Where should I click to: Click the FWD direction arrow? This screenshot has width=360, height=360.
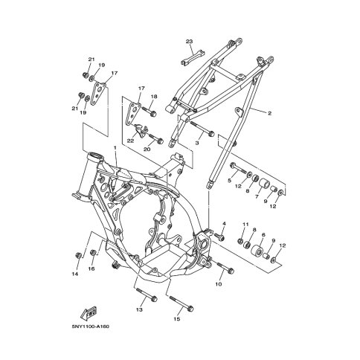coord(89,313)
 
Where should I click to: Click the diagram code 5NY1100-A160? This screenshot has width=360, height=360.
coord(91,327)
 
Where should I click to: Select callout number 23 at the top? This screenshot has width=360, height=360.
coord(189,42)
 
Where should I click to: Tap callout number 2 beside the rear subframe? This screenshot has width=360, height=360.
coord(269,114)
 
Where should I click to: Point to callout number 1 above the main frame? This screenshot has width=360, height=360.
coord(115,147)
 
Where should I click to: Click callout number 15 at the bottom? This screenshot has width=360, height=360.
coord(176,319)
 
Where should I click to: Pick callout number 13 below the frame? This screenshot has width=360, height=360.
coord(140,309)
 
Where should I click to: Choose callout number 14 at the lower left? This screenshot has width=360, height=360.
coord(75,274)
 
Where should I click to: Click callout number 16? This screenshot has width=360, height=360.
coord(91,269)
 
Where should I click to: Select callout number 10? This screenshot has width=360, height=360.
coord(219,284)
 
